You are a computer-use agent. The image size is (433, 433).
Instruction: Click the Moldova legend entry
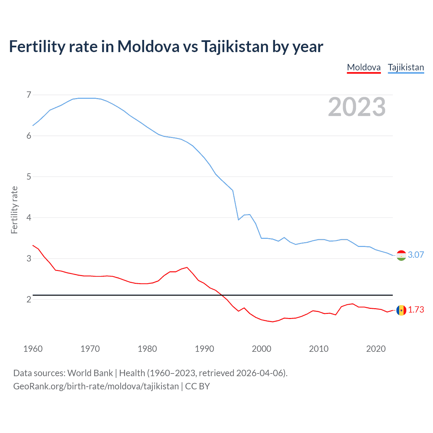point(364,67)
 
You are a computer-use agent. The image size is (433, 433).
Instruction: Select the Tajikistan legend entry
point(406,67)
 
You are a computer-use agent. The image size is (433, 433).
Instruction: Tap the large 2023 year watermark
point(357,107)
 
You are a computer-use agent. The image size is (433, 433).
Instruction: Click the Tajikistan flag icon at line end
point(401,255)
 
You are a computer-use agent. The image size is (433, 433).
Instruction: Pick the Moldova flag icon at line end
point(401,310)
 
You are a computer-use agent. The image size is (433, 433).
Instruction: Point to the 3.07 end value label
point(416,255)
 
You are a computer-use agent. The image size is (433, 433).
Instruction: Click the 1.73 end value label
point(416,310)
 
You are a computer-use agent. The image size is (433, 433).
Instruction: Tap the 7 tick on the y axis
point(29,95)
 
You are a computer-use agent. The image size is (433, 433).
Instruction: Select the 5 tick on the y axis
point(29,177)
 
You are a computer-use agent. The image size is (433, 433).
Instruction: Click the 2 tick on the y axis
point(29,299)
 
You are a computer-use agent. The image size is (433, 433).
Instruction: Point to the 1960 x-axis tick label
point(33,349)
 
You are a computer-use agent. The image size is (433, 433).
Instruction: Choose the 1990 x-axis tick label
point(204,349)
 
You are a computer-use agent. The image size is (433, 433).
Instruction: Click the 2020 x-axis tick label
point(376,349)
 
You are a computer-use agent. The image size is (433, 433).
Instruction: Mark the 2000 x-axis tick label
point(261,349)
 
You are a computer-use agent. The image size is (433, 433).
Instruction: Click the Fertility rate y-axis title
point(14,210)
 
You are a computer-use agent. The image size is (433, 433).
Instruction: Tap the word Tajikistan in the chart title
point(235,46)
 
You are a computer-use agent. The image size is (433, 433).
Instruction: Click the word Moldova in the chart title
point(148,46)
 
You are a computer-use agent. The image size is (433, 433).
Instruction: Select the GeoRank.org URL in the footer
point(96,386)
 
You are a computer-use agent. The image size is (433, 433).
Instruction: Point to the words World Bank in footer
point(90,373)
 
